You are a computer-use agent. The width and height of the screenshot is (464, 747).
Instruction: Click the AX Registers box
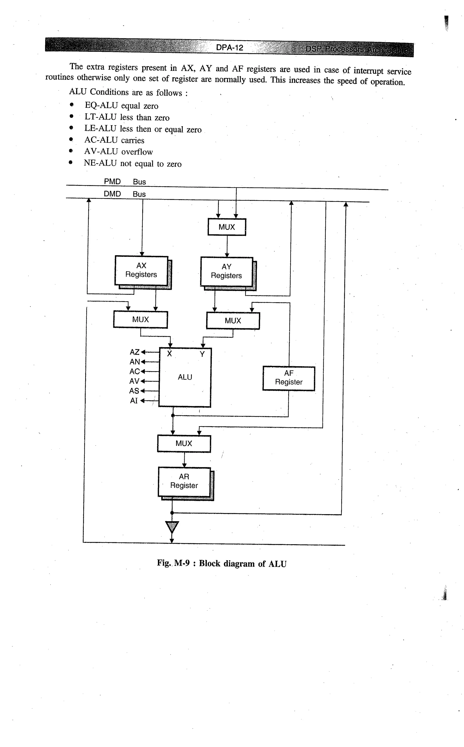pyautogui.click(x=141, y=270)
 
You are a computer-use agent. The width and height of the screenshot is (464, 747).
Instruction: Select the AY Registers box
pyautogui.click(x=227, y=271)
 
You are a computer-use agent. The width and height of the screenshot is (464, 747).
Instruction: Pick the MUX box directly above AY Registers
pyautogui.click(x=227, y=227)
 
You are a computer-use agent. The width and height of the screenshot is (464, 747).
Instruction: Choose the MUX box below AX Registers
pyautogui.click(x=140, y=320)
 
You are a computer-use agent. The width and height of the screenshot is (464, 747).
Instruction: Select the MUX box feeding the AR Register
pyautogui.click(x=184, y=443)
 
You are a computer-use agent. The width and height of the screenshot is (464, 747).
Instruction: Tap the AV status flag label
pyautogui.click(x=134, y=381)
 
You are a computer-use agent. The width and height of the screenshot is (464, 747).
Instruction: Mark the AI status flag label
pyautogui.click(x=134, y=401)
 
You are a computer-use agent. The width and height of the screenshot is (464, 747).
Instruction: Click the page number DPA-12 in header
pyautogui.click(x=230, y=48)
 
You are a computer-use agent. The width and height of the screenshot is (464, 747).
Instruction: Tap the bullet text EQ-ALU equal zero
pyautogui.click(x=121, y=106)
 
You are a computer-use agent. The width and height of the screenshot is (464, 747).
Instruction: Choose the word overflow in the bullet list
pyautogui.click(x=137, y=152)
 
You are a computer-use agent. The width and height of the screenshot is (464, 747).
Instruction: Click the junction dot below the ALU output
pyautogui.click(x=173, y=415)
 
